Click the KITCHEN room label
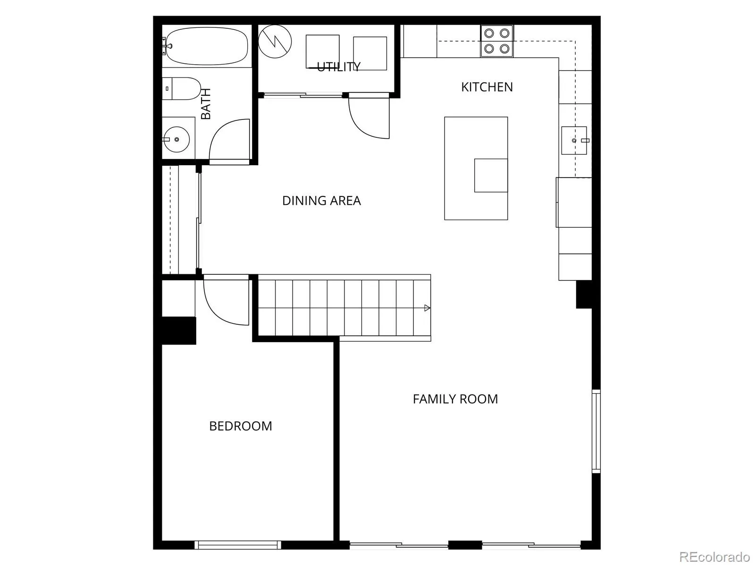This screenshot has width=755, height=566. point(487,87)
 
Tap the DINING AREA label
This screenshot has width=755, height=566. point(321,201)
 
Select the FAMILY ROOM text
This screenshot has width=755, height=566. point(455,399)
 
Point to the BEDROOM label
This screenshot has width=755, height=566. point(241,426)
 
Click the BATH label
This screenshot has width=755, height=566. point(205,103)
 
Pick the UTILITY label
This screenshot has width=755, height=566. point(338,67)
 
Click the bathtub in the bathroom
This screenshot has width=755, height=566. point(206,46)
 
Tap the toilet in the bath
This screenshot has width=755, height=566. point(181,89)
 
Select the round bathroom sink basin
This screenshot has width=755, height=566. point(176,139)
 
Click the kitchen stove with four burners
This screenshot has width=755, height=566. point(497,41)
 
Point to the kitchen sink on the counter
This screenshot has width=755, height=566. point(574,140)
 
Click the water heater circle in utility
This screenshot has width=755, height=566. point(275,41)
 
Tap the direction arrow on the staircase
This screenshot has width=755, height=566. point(427,308)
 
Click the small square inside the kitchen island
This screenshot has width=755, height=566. point(491,176)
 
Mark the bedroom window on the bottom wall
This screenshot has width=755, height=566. point(238,545)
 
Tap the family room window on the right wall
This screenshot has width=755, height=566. point(596,431)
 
